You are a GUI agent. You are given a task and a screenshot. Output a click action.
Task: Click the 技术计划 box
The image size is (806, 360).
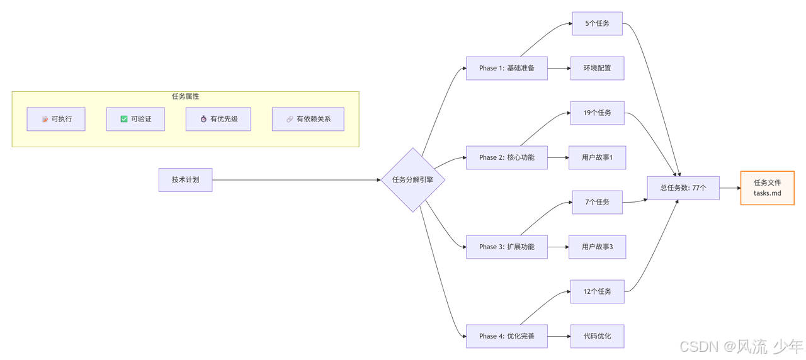point(185,180)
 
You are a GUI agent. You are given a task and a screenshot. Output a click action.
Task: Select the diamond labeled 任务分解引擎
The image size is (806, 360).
point(412,180)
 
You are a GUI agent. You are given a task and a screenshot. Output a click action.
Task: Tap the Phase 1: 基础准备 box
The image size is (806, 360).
point(506,68)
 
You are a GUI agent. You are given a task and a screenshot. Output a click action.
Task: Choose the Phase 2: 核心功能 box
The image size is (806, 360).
point(506,157)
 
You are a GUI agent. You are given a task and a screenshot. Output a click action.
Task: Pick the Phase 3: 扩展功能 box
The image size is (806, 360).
point(506,247)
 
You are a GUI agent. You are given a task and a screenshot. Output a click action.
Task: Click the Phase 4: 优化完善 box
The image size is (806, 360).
point(506,336)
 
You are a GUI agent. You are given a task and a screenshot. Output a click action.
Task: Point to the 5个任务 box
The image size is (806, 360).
point(597,23)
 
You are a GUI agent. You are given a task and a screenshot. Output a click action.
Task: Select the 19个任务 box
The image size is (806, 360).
point(597,113)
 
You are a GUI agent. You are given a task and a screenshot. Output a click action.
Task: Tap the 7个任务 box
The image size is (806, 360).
point(597,202)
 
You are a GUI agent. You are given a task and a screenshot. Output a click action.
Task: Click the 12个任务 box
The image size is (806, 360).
point(597,291)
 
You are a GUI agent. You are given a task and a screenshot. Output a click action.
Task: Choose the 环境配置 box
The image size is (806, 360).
point(597,68)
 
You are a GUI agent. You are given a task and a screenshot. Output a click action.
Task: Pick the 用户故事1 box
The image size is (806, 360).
point(597,157)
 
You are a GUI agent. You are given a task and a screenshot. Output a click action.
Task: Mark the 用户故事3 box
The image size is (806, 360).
point(597,247)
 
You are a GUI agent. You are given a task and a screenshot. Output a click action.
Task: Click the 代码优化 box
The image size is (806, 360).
point(597,336)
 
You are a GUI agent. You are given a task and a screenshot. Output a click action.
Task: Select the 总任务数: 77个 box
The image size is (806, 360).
point(683,188)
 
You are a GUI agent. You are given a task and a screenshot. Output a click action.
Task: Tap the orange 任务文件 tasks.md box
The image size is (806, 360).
point(767,188)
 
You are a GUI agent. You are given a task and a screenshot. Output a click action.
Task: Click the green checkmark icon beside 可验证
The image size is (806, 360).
point(124,119)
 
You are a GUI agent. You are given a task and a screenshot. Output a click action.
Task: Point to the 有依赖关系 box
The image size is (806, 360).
point(308,119)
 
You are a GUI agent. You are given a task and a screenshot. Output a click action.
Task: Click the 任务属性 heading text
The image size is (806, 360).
point(185,96)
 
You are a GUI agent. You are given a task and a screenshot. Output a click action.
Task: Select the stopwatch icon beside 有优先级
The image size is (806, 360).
point(203,119)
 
